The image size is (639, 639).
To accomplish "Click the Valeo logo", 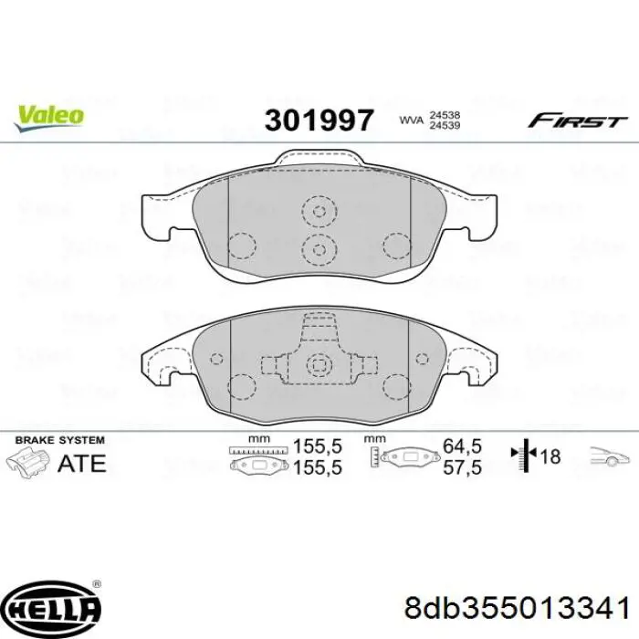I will coord(48,116).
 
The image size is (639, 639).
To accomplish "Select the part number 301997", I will coord(319,120).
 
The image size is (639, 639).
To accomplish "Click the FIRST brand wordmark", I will coord(578,120).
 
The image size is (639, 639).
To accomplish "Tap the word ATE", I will coord(81,463).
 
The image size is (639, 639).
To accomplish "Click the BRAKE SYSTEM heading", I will coord(59,439).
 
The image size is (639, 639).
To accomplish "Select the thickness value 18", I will coord(551,457).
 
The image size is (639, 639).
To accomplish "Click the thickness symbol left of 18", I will coord(526,456).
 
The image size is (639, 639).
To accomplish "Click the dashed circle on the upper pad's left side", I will coord(242,246).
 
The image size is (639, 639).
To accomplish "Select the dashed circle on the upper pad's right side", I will coord(397,245).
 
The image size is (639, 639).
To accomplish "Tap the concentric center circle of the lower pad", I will coord(319,366).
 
